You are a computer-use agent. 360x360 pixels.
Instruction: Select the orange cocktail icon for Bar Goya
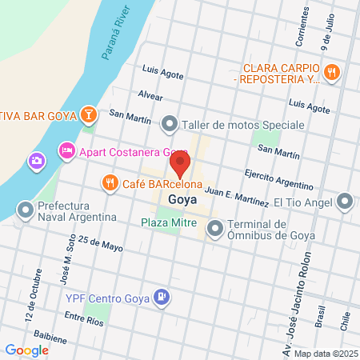[90, 116]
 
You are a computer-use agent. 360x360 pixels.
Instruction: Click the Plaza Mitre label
[169, 222]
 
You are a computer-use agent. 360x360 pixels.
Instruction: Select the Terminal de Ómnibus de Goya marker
[215, 230]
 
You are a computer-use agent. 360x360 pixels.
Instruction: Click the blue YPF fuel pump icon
[162, 297]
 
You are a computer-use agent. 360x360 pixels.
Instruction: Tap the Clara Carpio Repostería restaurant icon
[333, 74]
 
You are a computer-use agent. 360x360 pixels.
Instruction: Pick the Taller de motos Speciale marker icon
[170, 125]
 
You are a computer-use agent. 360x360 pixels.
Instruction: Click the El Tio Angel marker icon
[346, 201]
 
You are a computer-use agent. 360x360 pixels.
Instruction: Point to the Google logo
[26, 350]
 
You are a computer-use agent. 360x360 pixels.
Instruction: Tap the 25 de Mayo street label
[100, 243]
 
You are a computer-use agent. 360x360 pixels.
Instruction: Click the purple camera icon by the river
[37, 162]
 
